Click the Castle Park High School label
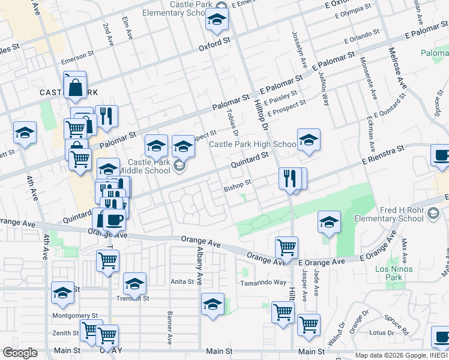[x=252, y=145]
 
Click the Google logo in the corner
[x=20, y=352]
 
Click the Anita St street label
[x=182, y=281]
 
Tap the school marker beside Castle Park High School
[x=309, y=141]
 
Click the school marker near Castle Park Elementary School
[x=217, y=20]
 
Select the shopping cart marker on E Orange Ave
[x=287, y=247]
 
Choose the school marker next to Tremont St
[x=134, y=284]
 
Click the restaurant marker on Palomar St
[x=106, y=116]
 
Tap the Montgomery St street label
[x=75, y=316]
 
